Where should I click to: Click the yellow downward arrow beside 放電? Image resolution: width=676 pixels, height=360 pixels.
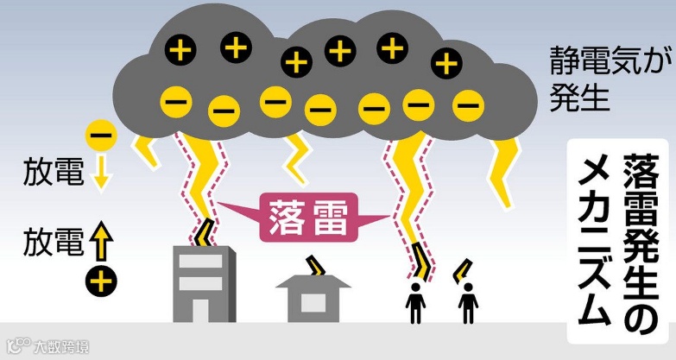click(x=101, y=174)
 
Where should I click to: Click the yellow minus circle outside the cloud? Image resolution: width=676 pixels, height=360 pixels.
click(x=101, y=135)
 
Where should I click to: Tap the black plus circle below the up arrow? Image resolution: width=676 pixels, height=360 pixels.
click(x=101, y=280)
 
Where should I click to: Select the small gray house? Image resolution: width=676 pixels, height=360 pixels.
click(x=313, y=294)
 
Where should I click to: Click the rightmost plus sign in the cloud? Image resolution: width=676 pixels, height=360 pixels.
click(x=445, y=62)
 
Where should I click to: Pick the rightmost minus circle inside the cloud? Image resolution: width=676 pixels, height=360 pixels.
click(x=468, y=106)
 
